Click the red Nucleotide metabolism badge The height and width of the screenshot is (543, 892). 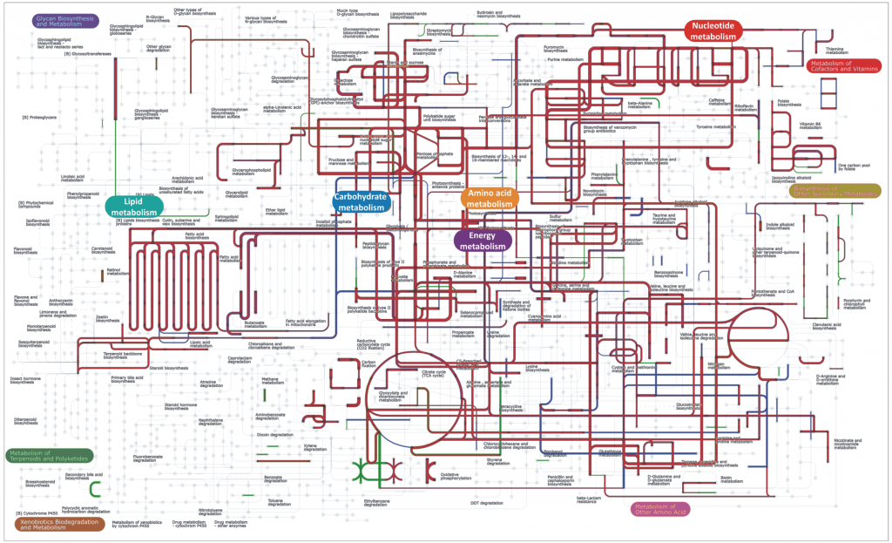coord(714,31)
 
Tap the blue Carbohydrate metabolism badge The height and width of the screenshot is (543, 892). coord(362,202)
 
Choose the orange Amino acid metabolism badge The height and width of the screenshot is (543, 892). coord(490,197)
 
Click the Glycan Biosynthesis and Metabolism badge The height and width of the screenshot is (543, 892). coord(65,20)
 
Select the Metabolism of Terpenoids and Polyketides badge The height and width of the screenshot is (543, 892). coord(51,456)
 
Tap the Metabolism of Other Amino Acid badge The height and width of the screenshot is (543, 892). coord(660,509)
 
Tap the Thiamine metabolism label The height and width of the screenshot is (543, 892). coord(834,51)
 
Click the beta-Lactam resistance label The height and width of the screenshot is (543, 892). coord(590,499)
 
